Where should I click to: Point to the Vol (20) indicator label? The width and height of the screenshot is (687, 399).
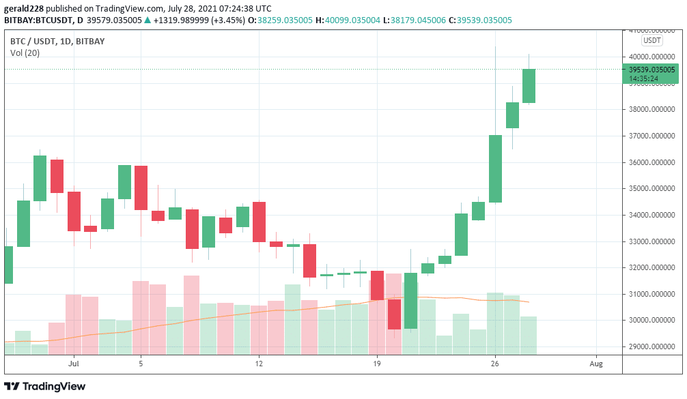[25, 53]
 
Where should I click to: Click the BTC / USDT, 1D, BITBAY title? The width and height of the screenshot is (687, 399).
[58, 41]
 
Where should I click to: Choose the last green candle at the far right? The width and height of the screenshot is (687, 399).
[529, 86]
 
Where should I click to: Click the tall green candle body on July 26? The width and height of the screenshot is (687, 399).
[495, 168]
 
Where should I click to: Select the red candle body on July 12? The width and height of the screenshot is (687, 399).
[259, 222]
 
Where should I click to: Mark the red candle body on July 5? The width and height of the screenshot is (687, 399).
[141, 188]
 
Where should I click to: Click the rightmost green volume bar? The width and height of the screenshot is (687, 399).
[529, 336]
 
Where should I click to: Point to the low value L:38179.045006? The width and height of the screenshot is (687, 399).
[421, 20]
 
